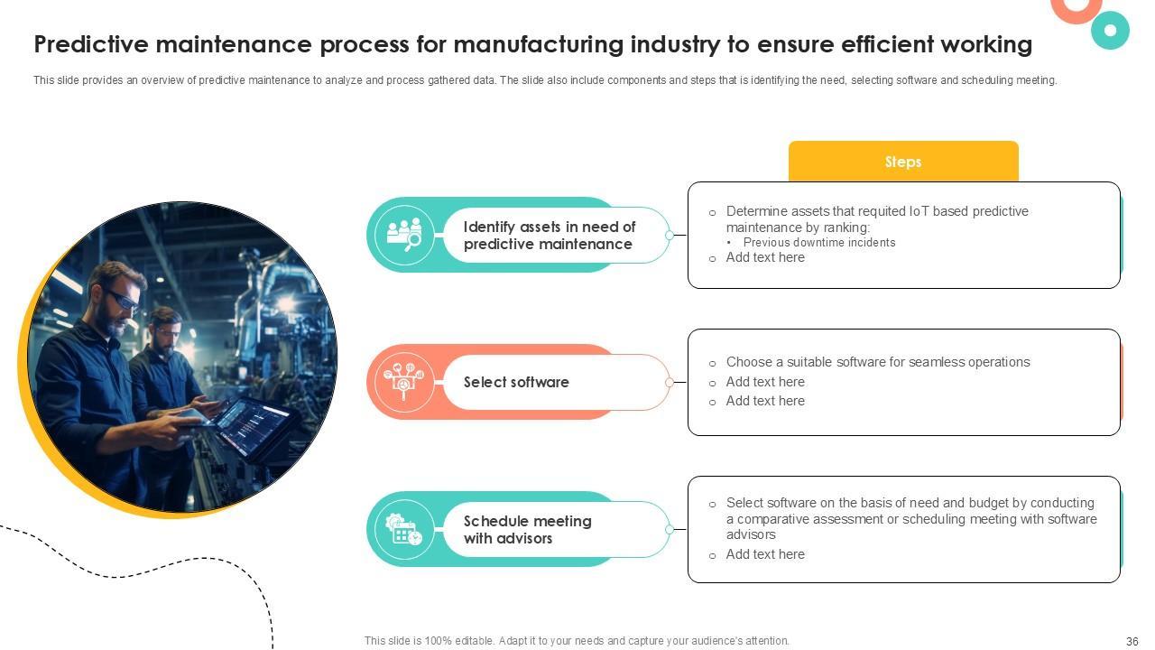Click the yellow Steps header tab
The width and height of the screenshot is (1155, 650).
click(903, 162)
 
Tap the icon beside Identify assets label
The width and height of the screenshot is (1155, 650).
click(404, 235)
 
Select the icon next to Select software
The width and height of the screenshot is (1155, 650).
click(404, 382)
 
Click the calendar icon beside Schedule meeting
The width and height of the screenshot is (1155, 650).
click(404, 529)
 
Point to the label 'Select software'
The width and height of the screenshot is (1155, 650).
click(516, 382)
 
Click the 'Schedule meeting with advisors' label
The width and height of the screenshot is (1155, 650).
click(527, 530)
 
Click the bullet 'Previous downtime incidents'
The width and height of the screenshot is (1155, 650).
click(819, 242)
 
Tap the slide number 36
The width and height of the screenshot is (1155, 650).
click(1132, 642)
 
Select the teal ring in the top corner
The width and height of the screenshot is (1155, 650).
click(1110, 31)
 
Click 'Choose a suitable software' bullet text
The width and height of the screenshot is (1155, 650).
click(878, 362)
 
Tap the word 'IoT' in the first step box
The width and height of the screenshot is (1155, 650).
click(919, 211)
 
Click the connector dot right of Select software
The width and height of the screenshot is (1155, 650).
click(670, 382)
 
